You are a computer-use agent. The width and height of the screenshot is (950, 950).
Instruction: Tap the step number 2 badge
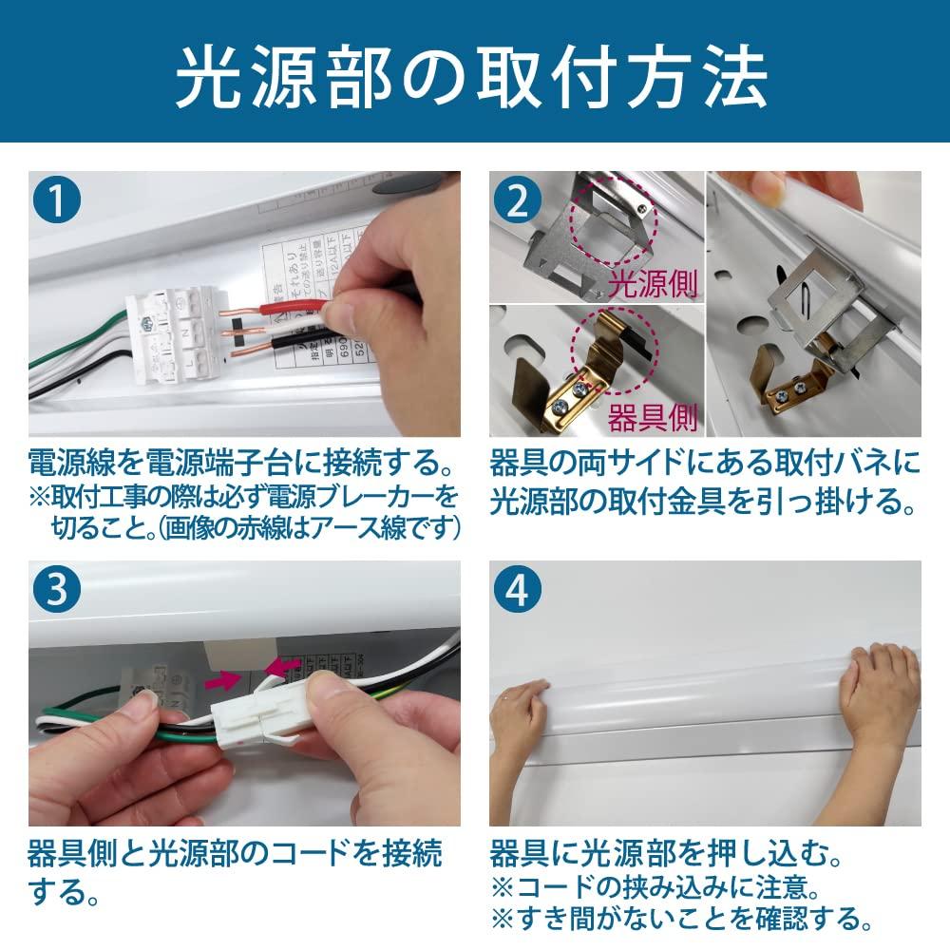pyautogui.click(x=519, y=202)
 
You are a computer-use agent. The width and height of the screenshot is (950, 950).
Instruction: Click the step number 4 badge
pyautogui.click(x=519, y=591)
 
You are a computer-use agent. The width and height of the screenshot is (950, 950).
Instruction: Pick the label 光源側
pyautogui.click(x=654, y=282)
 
